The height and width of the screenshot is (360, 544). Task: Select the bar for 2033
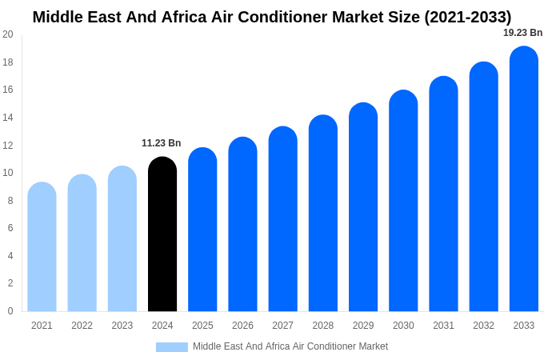pyautogui.click(x=524, y=179)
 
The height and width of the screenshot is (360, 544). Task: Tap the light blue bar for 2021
pyautogui.click(x=42, y=247)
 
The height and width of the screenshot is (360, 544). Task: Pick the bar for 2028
pyautogui.click(x=323, y=214)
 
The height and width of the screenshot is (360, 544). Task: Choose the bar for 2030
pyautogui.click(x=403, y=201)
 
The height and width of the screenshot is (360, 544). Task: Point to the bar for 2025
pyautogui.click(x=202, y=230)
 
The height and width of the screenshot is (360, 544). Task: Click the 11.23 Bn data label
pyautogui.click(x=162, y=143)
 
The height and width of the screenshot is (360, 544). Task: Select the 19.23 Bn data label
pyautogui.click(x=522, y=33)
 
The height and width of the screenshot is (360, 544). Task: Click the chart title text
pyautogui.click(x=272, y=17)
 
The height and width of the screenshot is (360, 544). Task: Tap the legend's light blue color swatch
pyautogui.click(x=172, y=347)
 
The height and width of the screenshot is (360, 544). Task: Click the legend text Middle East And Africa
pyautogui.click(x=290, y=346)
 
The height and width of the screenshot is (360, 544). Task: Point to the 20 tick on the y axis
pyautogui.click(x=8, y=34)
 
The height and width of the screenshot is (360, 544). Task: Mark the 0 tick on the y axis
pyautogui.click(x=10, y=311)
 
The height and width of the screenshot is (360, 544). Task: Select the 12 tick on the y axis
pyautogui.click(x=8, y=145)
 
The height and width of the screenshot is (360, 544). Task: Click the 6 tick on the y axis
pyautogui.click(x=10, y=228)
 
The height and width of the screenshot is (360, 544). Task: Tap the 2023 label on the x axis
pyautogui.click(x=122, y=326)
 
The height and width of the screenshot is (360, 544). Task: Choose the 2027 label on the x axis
pyautogui.click(x=282, y=326)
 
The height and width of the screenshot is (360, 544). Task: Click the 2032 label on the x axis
pyautogui.click(x=483, y=326)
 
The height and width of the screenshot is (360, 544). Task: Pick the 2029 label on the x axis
pyautogui.click(x=363, y=326)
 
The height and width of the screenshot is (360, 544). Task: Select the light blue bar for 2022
pyautogui.click(x=82, y=243)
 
